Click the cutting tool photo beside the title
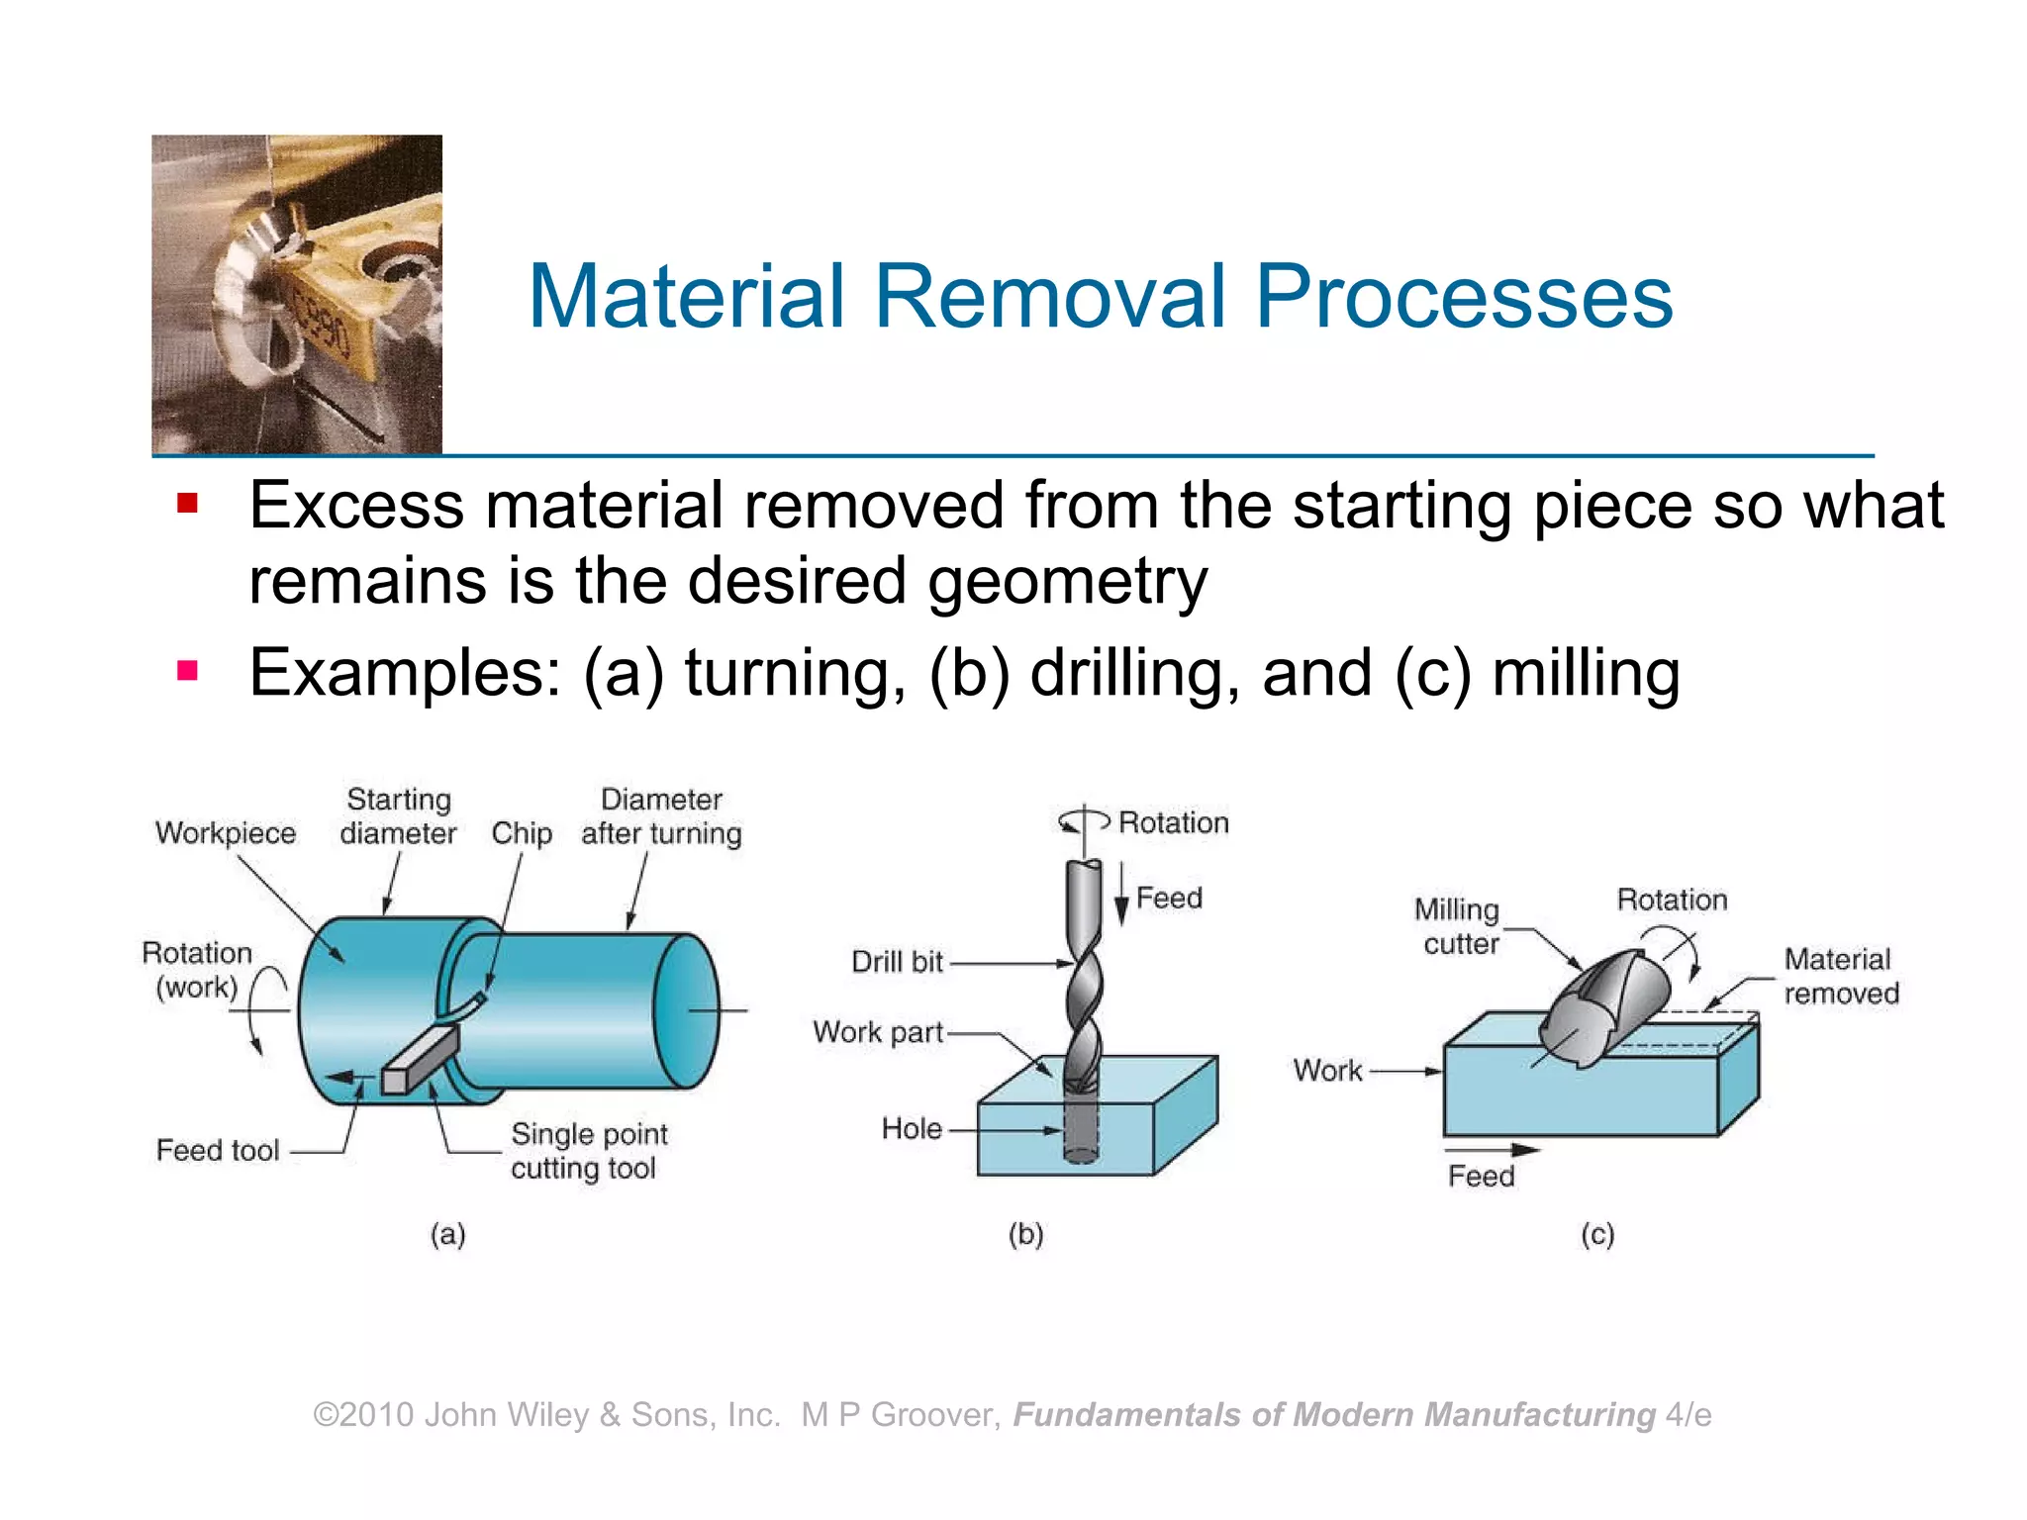[x=297, y=294]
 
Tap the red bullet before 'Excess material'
[x=187, y=505]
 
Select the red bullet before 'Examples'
[x=187, y=672]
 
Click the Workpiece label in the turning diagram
[x=226, y=833]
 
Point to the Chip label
[x=522, y=833]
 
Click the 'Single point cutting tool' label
[x=588, y=1151]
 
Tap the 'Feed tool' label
[x=218, y=1150]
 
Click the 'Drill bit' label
[x=897, y=962]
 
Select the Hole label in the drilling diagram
[x=912, y=1128]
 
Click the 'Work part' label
[x=878, y=1032]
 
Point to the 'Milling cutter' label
[x=1457, y=926]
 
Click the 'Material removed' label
[x=1841, y=976]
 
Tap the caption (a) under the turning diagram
[x=447, y=1234]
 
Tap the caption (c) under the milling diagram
[x=1597, y=1234]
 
